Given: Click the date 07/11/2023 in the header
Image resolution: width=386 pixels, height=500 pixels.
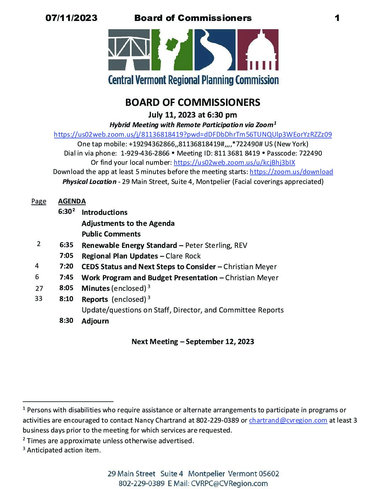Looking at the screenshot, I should click(71, 18).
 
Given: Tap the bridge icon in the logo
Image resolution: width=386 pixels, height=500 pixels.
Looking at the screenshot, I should click(129, 50).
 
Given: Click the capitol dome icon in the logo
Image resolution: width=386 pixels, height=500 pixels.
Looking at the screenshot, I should click(258, 50).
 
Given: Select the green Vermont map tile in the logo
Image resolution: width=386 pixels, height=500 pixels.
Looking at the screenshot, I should click(172, 50).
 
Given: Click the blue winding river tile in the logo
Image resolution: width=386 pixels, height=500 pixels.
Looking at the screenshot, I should click(215, 50).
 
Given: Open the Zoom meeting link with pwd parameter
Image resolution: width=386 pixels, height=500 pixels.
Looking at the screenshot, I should click(193, 135).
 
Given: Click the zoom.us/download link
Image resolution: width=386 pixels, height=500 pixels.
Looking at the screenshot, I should click(291, 172).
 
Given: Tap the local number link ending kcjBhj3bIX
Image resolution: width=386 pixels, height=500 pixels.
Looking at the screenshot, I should click(234, 163).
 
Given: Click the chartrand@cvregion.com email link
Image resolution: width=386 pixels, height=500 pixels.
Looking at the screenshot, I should click(288, 420).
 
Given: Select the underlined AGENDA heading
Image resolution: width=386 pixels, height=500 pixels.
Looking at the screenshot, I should click(72, 201).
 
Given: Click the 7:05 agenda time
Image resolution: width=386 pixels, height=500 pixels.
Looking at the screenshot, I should click(66, 256).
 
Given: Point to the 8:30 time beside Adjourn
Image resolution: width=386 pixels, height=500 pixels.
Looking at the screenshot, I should click(66, 321).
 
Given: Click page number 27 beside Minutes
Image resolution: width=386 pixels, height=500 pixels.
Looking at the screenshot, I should click(39, 288).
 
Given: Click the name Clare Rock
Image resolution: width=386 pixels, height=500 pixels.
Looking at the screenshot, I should click(183, 256).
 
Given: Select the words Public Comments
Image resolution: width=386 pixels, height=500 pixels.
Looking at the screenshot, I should click(111, 234).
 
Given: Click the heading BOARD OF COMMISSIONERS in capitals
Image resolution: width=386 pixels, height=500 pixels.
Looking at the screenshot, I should click(193, 103).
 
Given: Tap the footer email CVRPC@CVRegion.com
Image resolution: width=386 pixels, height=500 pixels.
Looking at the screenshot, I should click(229, 484).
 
